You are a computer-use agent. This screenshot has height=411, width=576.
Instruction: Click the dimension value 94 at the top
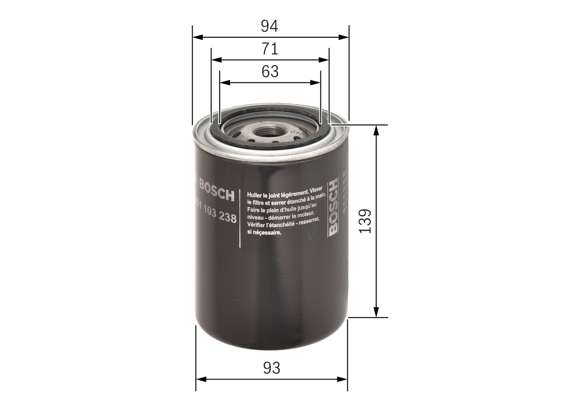270,27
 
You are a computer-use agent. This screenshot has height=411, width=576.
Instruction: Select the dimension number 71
270,49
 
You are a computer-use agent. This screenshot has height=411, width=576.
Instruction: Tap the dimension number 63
270,71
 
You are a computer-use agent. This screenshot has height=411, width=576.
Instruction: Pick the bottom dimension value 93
271,368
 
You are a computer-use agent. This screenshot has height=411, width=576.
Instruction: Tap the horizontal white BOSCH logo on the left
216,195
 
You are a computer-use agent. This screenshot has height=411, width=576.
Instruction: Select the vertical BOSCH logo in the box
333,207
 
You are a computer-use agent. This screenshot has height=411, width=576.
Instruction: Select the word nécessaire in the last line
267,232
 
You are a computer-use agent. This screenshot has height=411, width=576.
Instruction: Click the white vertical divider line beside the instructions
240,219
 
